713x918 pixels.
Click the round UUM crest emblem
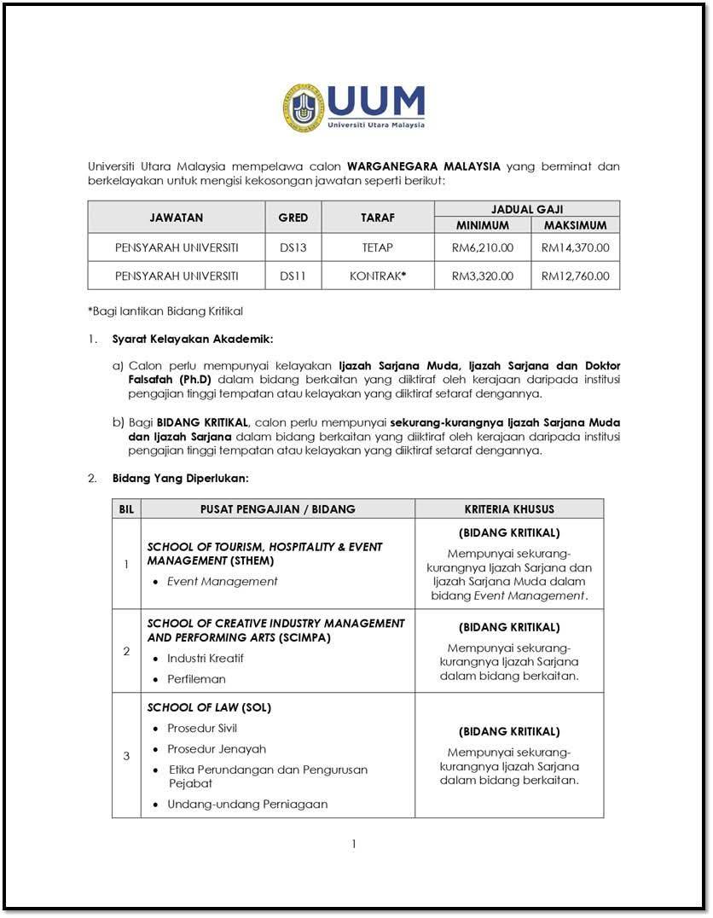tap(304, 107)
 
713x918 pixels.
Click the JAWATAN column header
tap(177, 218)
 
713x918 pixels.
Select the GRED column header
tap(293, 218)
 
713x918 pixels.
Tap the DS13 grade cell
tap(293, 248)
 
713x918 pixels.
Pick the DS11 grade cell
tap(293, 276)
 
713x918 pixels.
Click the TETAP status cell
tap(378, 248)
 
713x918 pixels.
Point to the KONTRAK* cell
tap(378, 276)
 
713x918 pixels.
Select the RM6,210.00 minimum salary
tap(483, 248)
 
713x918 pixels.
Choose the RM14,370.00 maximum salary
tap(576, 248)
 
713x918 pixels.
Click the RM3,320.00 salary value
tap(483, 276)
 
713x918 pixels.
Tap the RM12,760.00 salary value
tap(576, 276)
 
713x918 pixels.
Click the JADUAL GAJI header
tap(527, 209)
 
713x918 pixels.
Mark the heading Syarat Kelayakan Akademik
tap(193, 339)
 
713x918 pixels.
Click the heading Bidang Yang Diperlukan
tap(181, 478)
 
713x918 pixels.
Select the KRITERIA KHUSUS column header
tap(509, 509)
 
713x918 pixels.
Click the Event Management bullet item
tap(222, 582)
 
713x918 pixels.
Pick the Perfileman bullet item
tap(196, 679)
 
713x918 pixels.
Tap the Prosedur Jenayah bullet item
tap(217, 749)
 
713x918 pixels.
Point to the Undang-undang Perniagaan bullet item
tap(247, 804)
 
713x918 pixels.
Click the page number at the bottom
tap(353, 845)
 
